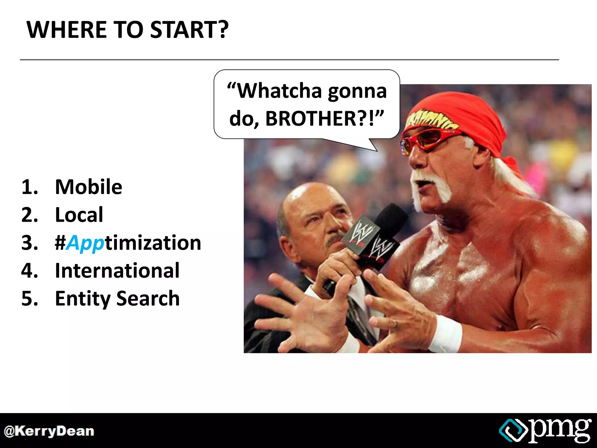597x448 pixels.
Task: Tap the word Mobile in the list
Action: click(88, 187)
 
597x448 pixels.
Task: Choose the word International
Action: click(117, 271)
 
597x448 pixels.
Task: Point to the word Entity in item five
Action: click(83, 299)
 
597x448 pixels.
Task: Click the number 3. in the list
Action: click(29, 243)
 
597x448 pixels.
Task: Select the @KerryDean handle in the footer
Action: click(49, 431)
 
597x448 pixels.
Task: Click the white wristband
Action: click(445, 334)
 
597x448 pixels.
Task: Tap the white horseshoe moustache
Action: click(431, 184)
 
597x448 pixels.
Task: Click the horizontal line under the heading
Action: click(289, 60)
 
